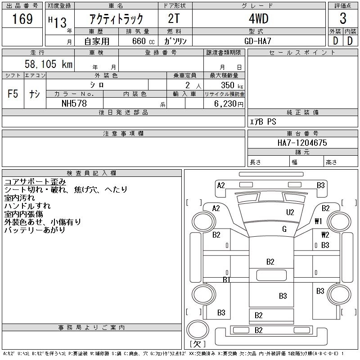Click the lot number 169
(x=22, y=19)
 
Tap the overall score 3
(x=343, y=18)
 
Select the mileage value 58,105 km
(x=49, y=64)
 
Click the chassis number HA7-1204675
(x=302, y=143)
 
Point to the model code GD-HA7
(x=258, y=41)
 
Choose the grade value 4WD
(x=258, y=18)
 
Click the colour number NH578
(x=74, y=103)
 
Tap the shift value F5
(x=13, y=94)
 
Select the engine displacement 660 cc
(x=143, y=41)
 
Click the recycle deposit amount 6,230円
(x=229, y=104)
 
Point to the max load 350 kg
(x=232, y=85)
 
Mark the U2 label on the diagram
(x=290, y=212)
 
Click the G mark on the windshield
(x=284, y=229)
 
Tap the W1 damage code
(x=318, y=221)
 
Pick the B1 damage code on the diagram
(x=226, y=279)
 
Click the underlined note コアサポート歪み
(x=35, y=182)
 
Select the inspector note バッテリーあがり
(x=35, y=230)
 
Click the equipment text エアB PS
(x=263, y=121)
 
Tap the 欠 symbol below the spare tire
(x=198, y=344)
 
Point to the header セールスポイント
(x=302, y=53)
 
